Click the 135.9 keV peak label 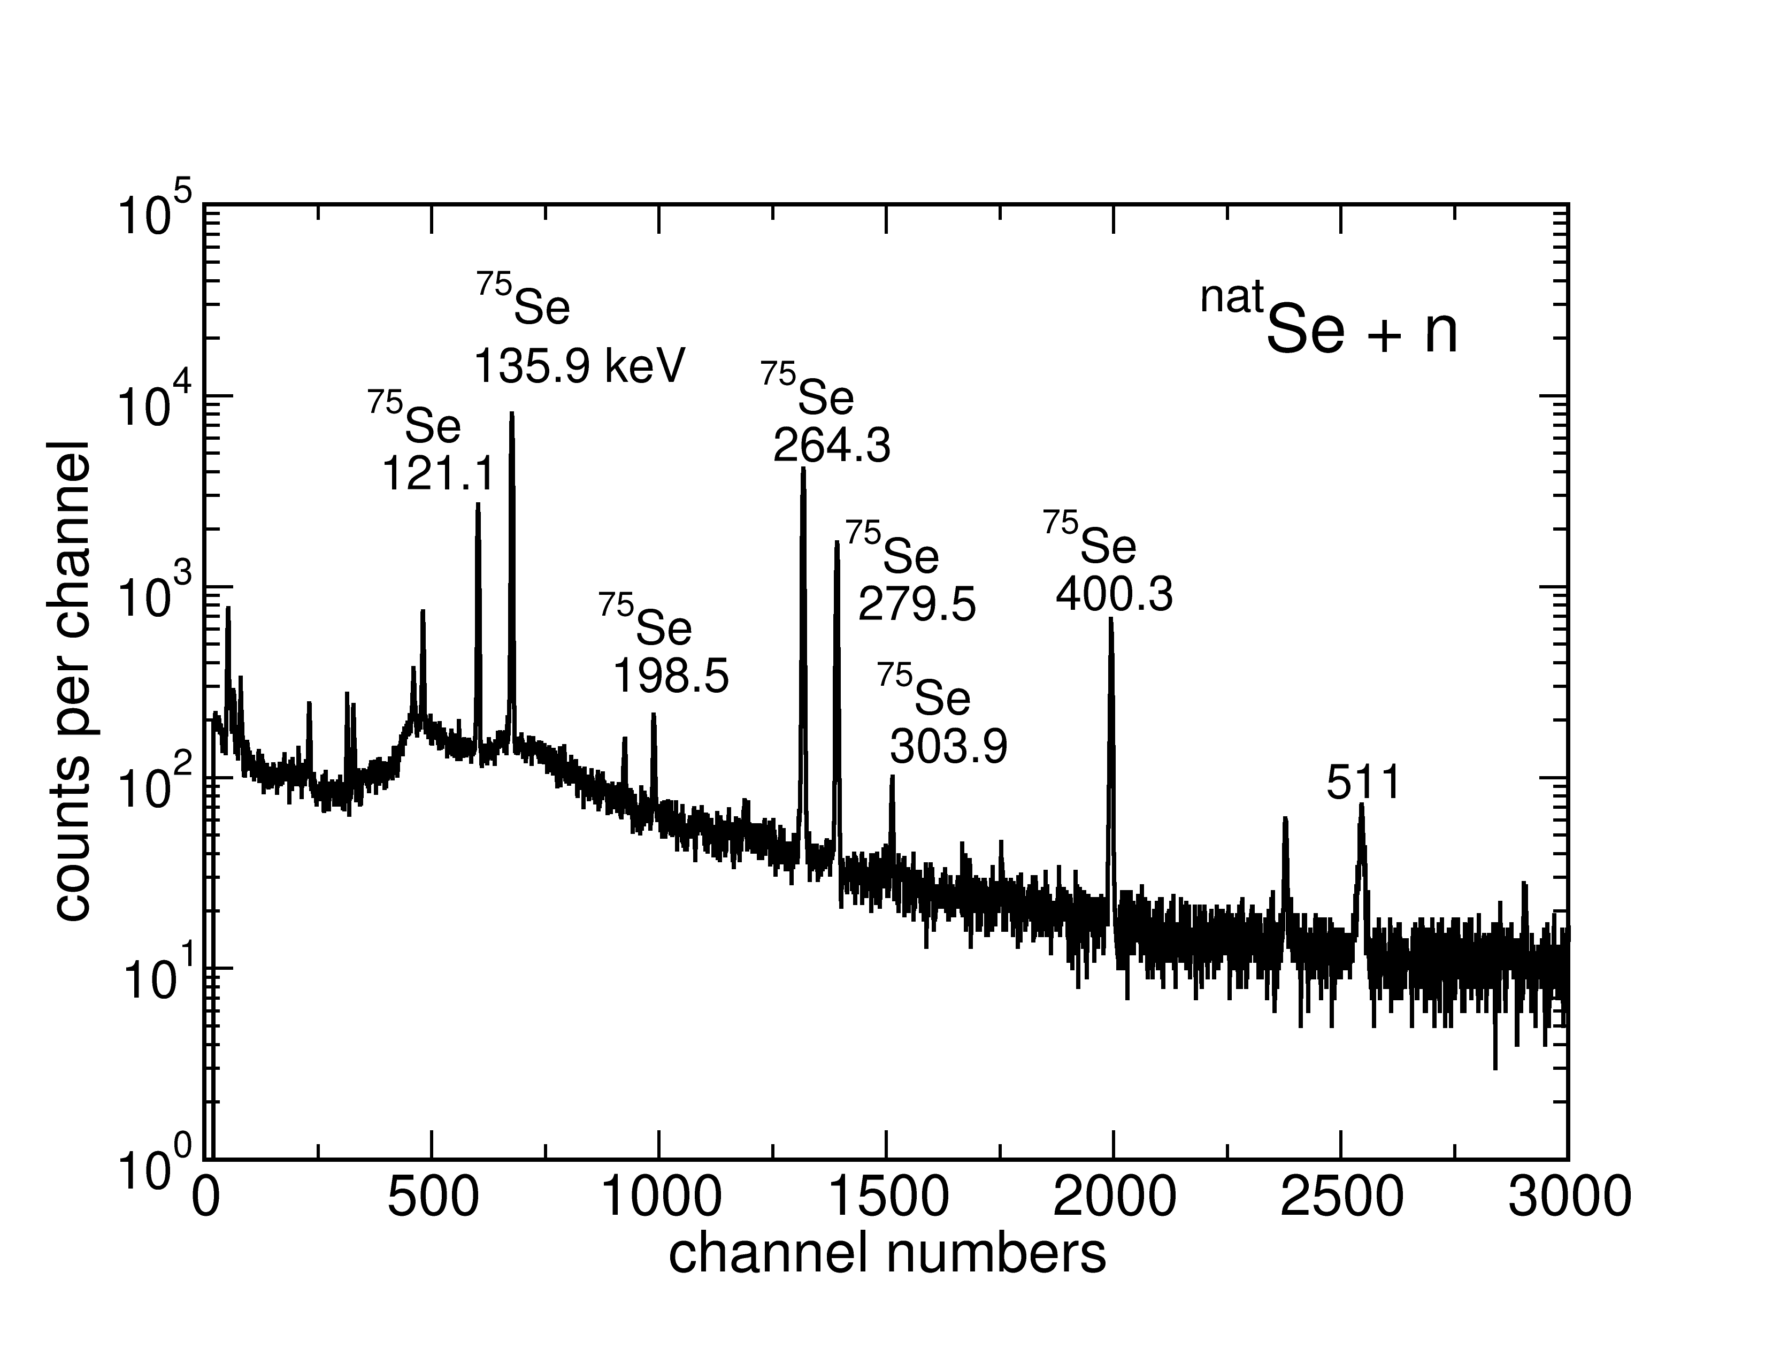click(x=579, y=366)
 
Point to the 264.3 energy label click(x=832, y=445)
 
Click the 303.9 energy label click(x=949, y=747)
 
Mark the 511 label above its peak click(x=1363, y=783)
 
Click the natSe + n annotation click(x=1330, y=323)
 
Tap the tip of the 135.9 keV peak click(x=511, y=413)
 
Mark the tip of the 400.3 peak click(x=1111, y=619)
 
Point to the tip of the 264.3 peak click(x=802, y=469)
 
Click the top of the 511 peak click(x=1362, y=805)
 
